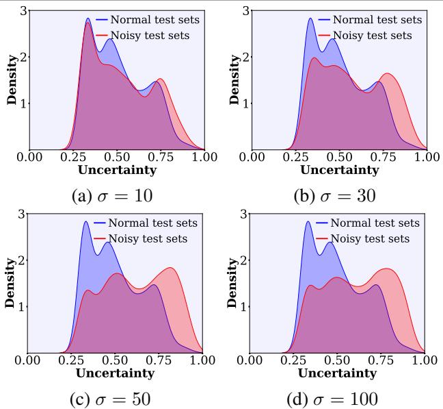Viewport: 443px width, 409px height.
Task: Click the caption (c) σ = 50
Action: [113, 398]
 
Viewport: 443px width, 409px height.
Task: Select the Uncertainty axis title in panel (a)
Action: [116, 170]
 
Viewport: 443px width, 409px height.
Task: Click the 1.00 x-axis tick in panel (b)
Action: [425, 157]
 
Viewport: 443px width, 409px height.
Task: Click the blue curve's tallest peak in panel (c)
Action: [86, 221]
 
